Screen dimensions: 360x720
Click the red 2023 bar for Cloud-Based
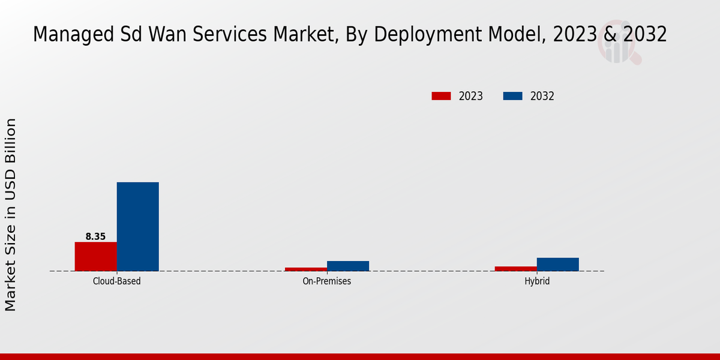[95, 256]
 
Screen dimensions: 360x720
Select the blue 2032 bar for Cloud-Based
[137, 226]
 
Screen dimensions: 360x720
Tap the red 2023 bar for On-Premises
[305, 269]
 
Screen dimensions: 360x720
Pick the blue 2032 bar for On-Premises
[347, 266]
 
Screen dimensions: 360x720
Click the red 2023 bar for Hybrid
[515, 268]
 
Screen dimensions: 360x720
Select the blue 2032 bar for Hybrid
[557, 264]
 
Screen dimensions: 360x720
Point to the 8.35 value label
[95, 236]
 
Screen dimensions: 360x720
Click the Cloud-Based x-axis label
[116, 281]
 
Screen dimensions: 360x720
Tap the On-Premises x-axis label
[326, 281]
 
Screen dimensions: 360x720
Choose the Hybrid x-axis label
[536, 281]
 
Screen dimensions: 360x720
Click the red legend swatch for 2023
[441, 96]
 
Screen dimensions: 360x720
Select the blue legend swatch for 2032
[512, 96]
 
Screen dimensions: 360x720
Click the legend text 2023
[471, 96]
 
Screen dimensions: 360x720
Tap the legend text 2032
[542, 96]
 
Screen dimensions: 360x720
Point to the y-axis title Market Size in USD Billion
[11, 215]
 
